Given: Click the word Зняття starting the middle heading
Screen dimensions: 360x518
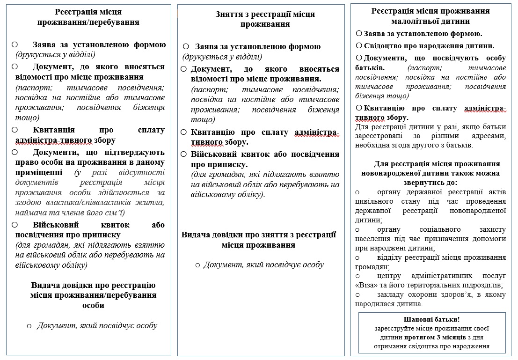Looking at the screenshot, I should (229, 14).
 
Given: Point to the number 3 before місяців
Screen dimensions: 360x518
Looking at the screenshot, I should (438, 337).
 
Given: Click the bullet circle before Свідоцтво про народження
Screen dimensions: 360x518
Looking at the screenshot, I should (359, 45).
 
